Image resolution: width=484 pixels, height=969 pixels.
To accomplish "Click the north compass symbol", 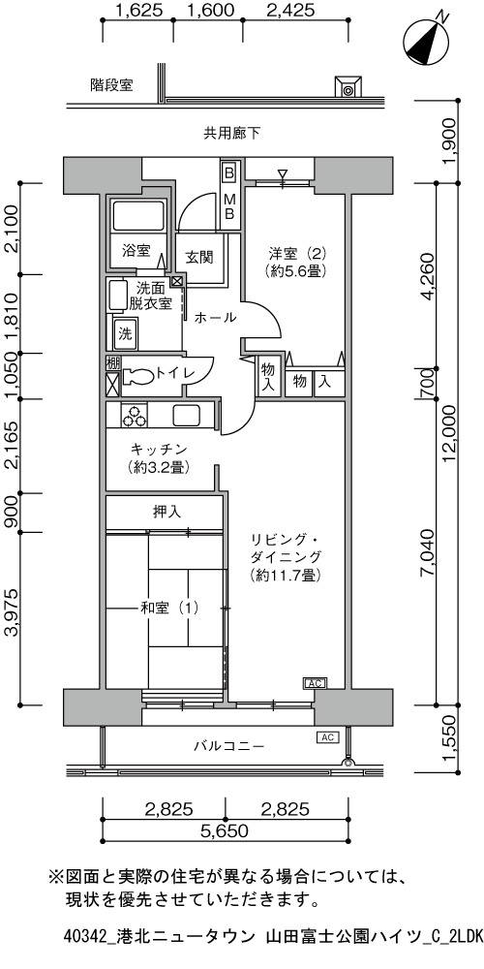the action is click(x=427, y=40).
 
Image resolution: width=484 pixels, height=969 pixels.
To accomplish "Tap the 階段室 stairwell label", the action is click(x=111, y=85).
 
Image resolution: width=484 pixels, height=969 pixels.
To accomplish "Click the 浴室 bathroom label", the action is click(x=136, y=251).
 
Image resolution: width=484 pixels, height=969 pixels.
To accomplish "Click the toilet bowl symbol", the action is click(x=137, y=375).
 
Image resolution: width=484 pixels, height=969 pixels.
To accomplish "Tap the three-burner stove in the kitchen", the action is click(x=134, y=415).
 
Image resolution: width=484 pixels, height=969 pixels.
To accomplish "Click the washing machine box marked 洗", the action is click(x=125, y=334).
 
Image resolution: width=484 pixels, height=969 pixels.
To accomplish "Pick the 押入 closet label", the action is click(x=166, y=512).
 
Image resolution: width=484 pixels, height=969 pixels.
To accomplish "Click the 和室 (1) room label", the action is click(x=169, y=609).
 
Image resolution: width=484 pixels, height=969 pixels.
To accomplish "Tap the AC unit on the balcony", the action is click(x=327, y=736).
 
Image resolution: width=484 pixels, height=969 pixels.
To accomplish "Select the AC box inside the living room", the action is click(x=315, y=683).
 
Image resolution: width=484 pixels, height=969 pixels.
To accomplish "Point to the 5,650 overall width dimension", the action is click(x=225, y=831).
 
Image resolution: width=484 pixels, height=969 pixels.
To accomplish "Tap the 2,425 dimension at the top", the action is click(x=289, y=10).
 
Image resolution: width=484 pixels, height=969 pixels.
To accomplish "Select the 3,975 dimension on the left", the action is click(x=12, y=619).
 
